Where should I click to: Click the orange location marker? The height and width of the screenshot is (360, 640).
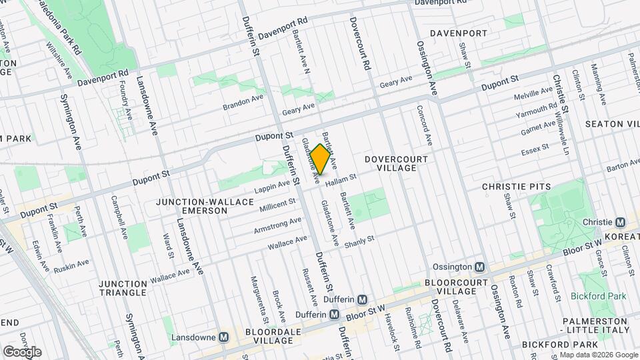click(320, 159)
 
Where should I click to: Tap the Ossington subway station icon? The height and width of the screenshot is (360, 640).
click(479, 267)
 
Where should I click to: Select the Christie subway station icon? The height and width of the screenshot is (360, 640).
click(620, 222)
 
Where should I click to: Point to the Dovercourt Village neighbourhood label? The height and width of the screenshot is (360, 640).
click(396, 163)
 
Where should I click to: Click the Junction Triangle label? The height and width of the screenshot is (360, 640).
click(122, 288)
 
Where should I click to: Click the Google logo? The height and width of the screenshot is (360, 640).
click(22, 351)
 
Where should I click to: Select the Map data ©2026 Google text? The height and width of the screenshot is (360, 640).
click(598, 355)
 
